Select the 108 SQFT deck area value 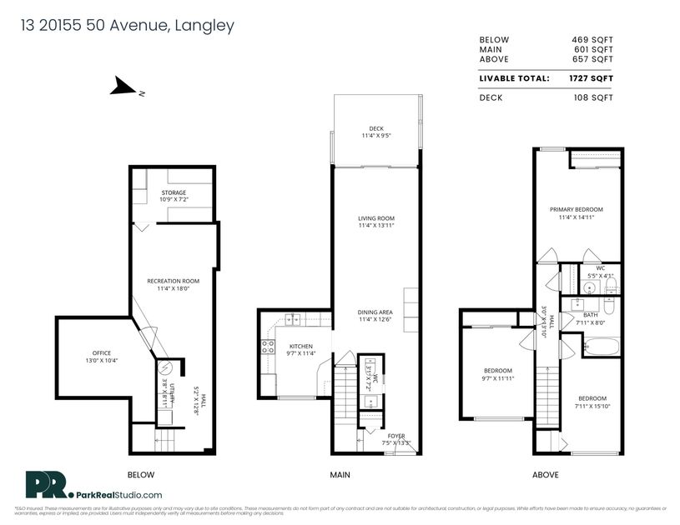coord(596,97)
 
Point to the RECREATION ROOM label coord(174,285)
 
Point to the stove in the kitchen coord(269,347)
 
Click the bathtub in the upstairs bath coord(600,346)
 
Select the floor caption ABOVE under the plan coord(547,475)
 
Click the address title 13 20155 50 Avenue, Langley coord(128,26)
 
